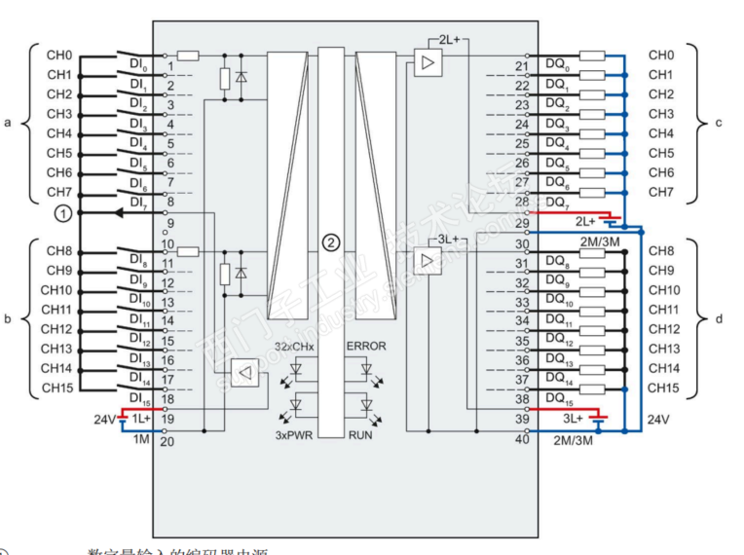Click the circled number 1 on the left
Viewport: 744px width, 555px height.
coord(62,212)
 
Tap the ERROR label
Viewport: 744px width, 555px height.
coord(365,346)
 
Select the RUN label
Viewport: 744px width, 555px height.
coord(360,435)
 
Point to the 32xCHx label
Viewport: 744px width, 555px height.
coord(293,346)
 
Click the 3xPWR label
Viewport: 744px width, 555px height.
coord(292,435)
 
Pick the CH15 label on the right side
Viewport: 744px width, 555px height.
coord(663,388)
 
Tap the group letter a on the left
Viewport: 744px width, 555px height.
coord(8,124)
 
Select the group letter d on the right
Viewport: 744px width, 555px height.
coord(719,318)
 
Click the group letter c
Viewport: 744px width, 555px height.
coord(719,124)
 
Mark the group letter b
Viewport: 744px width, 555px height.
coord(8,318)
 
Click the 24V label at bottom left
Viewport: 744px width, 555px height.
coord(102,419)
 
